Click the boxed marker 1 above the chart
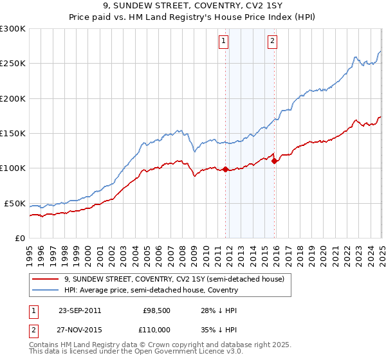tap(223, 41)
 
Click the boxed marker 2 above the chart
tap(272, 41)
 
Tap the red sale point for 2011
tap(226, 170)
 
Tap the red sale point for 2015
tap(275, 161)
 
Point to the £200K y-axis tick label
tap(13, 98)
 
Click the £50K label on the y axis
tap(15, 203)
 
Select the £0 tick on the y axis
tap(21, 238)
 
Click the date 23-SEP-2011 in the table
tap(79, 310)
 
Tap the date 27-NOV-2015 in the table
tap(80, 329)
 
